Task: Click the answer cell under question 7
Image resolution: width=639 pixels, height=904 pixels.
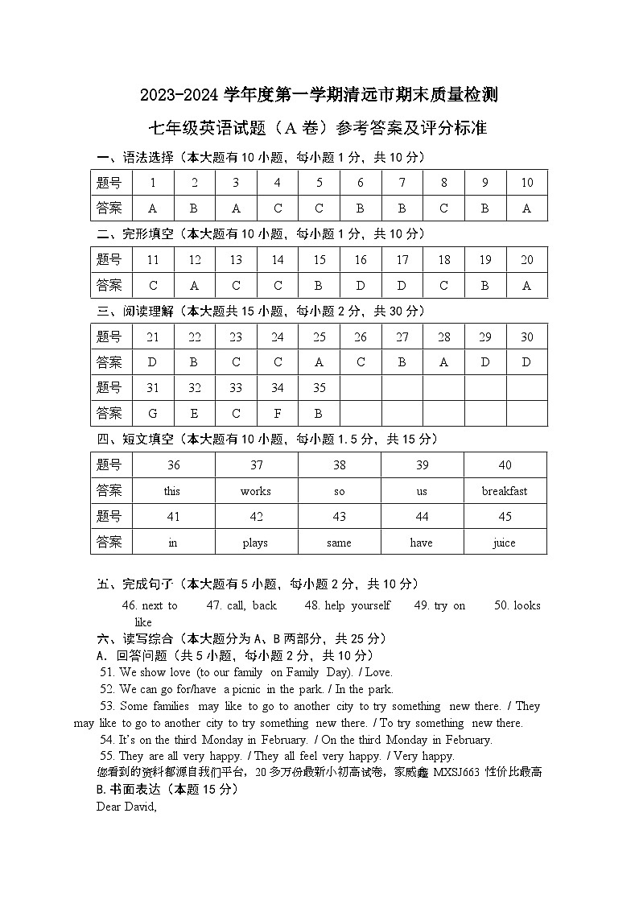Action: coord(402,208)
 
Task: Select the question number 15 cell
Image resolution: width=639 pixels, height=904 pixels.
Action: coord(319,260)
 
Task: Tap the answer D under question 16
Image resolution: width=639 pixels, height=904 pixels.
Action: coord(361,286)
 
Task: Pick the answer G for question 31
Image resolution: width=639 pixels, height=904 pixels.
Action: coord(153,414)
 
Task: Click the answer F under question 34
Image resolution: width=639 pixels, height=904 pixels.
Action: coord(278,414)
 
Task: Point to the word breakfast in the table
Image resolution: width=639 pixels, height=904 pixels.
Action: coord(505,491)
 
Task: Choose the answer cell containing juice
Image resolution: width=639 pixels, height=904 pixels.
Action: coord(505,543)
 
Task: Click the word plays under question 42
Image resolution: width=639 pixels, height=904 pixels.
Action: coord(255,543)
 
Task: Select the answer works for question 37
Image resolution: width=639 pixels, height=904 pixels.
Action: coord(255,491)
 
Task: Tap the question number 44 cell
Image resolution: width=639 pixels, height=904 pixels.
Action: coord(422,517)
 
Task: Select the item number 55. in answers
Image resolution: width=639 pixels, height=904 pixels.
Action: coord(107,756)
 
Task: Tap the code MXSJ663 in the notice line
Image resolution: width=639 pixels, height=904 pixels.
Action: coord(456,772)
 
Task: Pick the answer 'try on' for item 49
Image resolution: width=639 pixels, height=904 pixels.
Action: coord(449,605)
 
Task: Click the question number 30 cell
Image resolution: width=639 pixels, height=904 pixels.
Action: coord(527,337)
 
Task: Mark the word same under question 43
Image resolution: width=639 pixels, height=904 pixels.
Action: coord(339,543)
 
